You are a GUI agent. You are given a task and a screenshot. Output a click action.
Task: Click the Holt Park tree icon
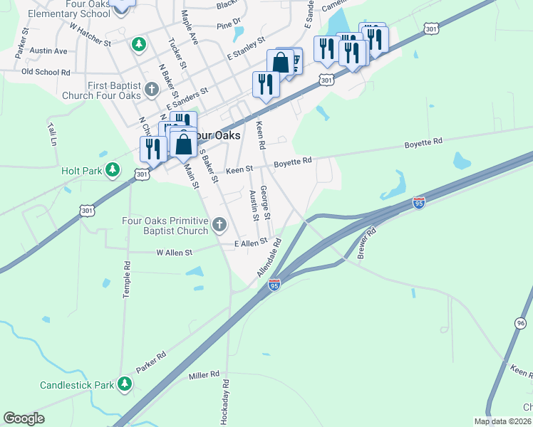(112, 169)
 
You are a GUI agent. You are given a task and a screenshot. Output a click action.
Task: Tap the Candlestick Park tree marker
(125, 385)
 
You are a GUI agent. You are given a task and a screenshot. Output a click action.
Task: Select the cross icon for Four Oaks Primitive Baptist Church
(219, 226)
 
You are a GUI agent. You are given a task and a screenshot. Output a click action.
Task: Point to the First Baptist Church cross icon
(151, 90)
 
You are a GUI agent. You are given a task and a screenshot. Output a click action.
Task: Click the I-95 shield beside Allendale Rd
(274, 285)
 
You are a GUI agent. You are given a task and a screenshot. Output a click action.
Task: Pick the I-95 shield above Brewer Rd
(419, 202)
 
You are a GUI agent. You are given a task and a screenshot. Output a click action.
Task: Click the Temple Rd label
(127, 279)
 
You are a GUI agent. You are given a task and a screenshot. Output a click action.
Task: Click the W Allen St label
(175, 252)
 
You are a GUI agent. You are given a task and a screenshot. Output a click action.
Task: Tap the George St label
(265, 202)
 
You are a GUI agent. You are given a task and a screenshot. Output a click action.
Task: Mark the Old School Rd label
(46, 72)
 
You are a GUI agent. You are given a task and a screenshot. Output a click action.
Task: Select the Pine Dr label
(229, 23)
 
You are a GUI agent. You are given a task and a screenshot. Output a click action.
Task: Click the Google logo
(24, 418)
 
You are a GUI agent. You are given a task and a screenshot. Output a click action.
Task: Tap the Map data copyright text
(502, 421)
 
